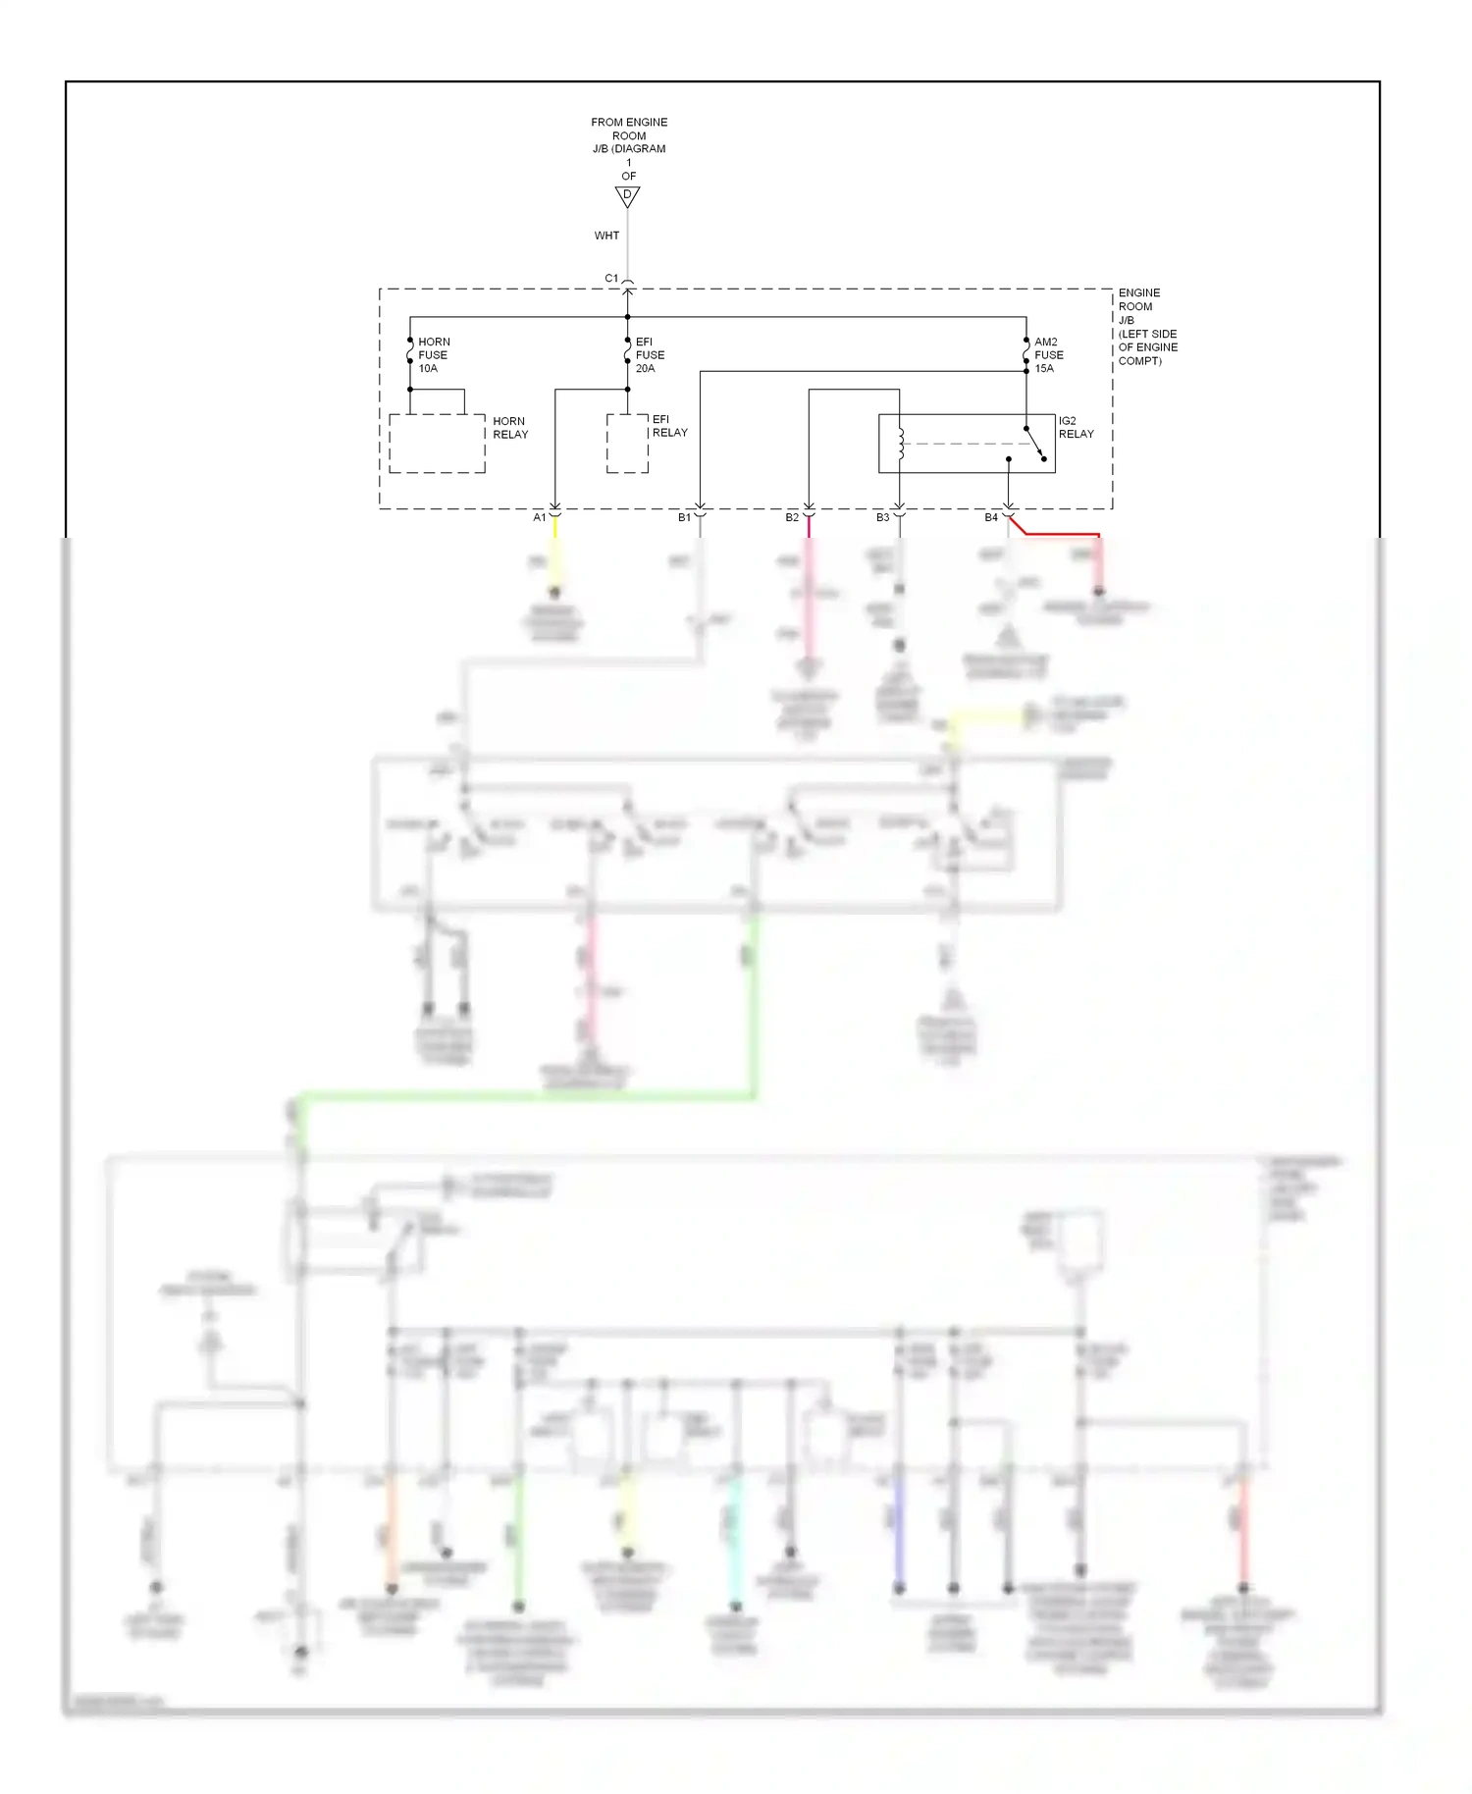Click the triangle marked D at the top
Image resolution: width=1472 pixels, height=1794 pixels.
pyautogui.click(x=627, y=196)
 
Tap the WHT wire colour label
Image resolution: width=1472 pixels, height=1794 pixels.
pyautogui.click(x=606, y=236)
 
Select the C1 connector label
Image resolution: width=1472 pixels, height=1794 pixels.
pyautogui.click(x=611, y=279)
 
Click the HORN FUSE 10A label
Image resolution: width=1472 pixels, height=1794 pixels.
pyautogui.click(x=433, y=355)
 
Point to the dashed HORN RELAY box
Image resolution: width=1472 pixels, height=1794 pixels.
pyautogui.click(x=437, y=444)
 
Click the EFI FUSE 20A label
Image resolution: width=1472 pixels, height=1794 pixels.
pyautogui.click(x=650, y=355)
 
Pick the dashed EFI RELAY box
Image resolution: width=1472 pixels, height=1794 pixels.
pyautogui.click(x=627, y=444)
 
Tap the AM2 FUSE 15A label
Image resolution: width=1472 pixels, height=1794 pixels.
pyautogui.click(x=1048, y=355)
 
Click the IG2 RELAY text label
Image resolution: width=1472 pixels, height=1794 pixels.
pyautogui.click(x=1076, y=427)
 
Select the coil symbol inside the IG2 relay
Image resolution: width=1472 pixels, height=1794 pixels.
pyautogui.click(x=900, y=444)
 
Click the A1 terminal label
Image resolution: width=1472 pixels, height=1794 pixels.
pyautogui.click(x=539, y=517)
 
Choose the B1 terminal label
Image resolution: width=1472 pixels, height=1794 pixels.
pyautogui.click(x=684, y=517)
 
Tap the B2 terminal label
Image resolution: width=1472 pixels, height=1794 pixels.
pyautogui.click(x=792, y=517)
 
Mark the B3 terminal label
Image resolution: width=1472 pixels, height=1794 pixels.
pyautogui.click(x=882, y=517)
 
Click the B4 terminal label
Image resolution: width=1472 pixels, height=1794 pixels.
pyautogui.click(x=991, y=517)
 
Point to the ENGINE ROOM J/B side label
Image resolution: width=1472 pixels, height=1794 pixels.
pyautogui.click(x=1147, y=327)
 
